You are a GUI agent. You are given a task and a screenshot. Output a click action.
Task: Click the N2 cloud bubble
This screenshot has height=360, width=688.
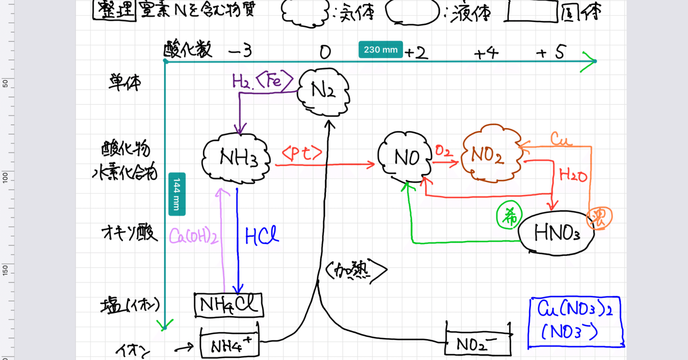coord(324,92)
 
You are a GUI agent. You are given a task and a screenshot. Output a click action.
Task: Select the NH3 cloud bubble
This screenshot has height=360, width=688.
coord(236,158)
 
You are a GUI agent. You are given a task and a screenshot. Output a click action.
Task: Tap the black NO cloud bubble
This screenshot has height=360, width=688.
coord(405,157)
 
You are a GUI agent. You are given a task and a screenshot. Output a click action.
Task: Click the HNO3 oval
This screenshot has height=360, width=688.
coord(556,233)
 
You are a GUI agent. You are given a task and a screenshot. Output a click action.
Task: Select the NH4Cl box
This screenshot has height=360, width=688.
coord(229,305)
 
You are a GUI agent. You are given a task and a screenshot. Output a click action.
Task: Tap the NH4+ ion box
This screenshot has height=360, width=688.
coord(229,344)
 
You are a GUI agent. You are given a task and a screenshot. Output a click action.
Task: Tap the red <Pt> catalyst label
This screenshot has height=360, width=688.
coord(302,153)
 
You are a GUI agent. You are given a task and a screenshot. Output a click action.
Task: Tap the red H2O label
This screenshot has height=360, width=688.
coord(573,176)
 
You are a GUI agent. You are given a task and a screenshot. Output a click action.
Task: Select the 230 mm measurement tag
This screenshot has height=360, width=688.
coord(381,49)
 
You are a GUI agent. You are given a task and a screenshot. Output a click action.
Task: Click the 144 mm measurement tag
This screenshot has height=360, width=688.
coord(177,194)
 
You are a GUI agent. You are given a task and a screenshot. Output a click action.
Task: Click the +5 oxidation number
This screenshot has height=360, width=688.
coord(552,52)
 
